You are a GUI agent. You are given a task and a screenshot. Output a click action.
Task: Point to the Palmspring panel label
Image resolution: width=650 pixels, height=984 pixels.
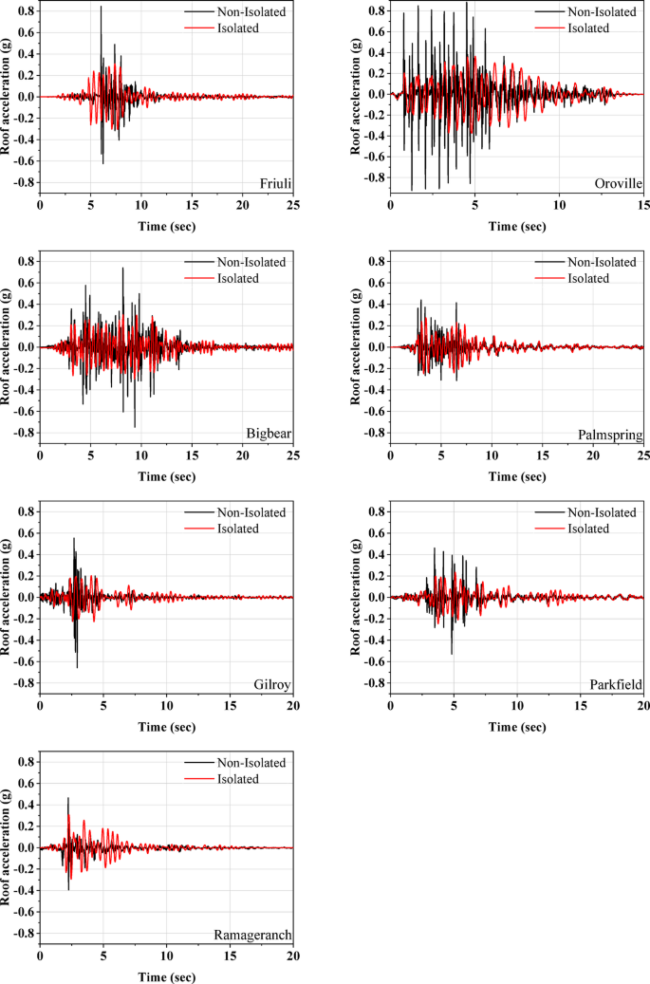point(610,435)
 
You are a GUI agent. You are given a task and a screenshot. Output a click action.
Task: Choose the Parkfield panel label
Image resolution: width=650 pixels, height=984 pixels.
point(616,684)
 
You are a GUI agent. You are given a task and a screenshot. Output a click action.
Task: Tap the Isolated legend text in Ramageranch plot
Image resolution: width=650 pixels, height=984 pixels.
point(234,779)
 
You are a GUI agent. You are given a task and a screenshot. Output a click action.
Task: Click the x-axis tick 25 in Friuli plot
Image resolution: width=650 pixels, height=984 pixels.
point(292,204)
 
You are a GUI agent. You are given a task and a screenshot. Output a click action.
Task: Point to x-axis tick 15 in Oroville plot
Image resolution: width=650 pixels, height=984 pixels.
point(642,204)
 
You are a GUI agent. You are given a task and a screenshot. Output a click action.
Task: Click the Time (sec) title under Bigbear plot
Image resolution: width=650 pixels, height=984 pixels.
point(166,475)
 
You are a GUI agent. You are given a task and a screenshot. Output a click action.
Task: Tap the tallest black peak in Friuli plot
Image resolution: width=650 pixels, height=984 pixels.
point(101,8)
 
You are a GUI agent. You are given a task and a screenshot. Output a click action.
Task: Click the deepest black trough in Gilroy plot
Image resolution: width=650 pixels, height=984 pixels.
point(77,666)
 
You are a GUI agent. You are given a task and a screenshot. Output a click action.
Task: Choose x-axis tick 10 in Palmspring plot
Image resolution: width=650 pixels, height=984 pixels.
point(492,455)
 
